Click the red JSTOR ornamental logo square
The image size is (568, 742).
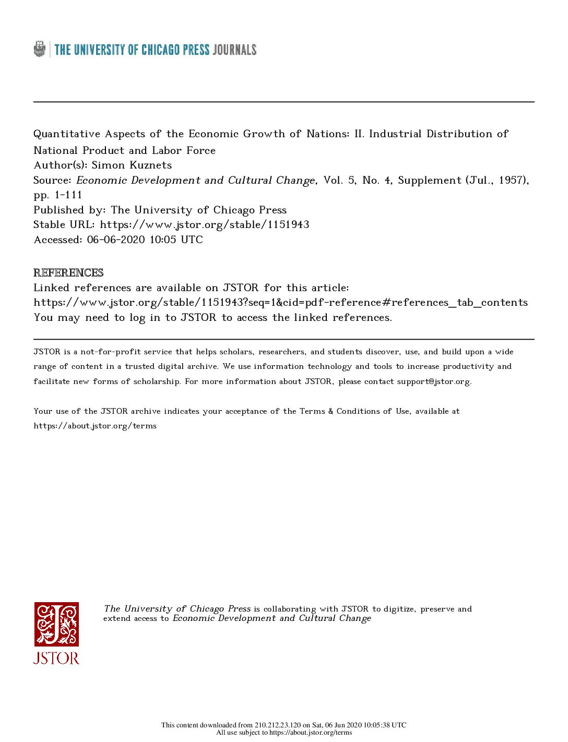pyautogui.click(x=56, y=624)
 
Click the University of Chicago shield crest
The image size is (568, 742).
pyautogui.click(x=40, y=50)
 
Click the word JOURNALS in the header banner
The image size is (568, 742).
pyautogui.click(x=234, y=50)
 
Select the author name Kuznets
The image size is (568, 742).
pyautogui.click(x=151, y=165)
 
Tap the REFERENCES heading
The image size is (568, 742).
pyautogui.click(x=68, y=273)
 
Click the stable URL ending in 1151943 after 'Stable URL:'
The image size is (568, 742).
pyautogui.click(x=205, y=225)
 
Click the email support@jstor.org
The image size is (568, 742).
pyautogui.click(x=433, y=381)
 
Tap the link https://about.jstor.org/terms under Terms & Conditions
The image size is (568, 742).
pyautogui.click(x=95, y=426)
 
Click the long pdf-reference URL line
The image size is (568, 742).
pyautogui.click(x=280, y=303)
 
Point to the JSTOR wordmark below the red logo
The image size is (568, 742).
pyautogui.click(x=56, y=657)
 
